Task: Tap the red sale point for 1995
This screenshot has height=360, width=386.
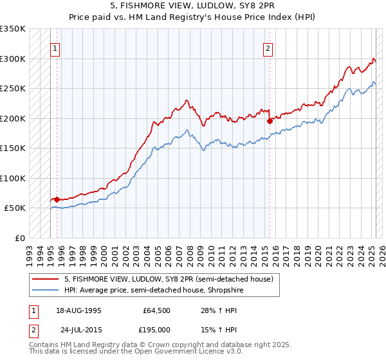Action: point(57,199)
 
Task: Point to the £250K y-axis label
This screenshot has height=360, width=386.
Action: point(12,89)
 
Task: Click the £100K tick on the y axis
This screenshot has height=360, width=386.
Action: point(12,178)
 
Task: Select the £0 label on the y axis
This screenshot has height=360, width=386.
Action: point(19,238)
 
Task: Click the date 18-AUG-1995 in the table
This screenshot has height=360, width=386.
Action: point(78,310)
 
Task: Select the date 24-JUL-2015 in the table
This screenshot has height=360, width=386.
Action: point(78,329)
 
